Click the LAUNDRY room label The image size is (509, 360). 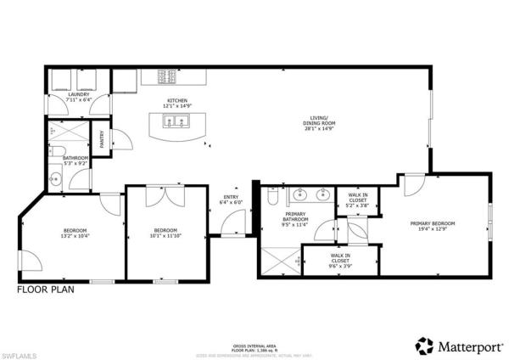click(x=79, y=97)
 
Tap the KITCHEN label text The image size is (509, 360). click(x=176, y=103)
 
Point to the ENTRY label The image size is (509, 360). click(x=231, y=200)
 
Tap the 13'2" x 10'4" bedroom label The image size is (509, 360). click(x=75, y=234)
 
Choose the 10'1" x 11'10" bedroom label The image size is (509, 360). click(x=165, y=234)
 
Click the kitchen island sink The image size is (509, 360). click(x=176, y=124)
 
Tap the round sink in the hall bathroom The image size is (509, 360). click(x=53, y=178)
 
